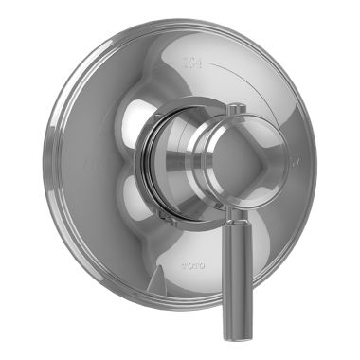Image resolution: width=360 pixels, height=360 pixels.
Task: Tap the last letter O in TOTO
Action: click(x=202, y=257)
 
